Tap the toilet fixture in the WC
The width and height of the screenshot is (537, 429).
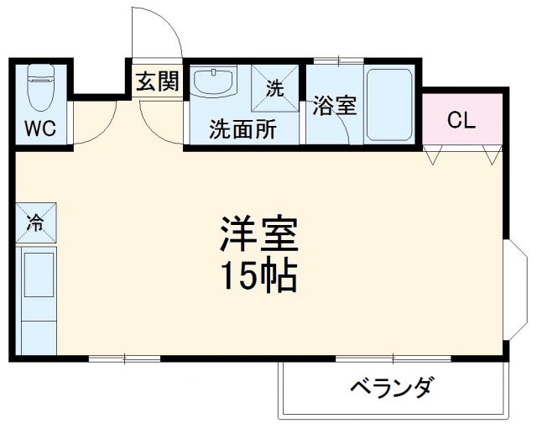coord(39,90)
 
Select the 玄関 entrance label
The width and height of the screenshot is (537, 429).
coord(158,81)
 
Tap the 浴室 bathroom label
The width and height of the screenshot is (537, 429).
coord(335,107)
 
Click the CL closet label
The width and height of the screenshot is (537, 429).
coord(461,120)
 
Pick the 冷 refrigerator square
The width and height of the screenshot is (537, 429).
coord(36,223)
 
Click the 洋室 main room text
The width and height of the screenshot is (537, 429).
coord(259,235)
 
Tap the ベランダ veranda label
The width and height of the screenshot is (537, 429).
coord(392,388)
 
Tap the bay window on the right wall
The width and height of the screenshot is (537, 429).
coord(518,287)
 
